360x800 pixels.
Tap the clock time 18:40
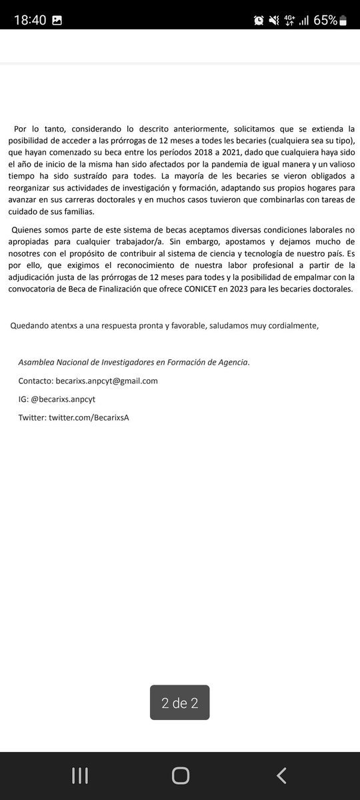pos(29,20)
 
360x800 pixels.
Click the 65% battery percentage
pos(325,20)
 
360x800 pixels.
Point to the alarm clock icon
pos(259,21)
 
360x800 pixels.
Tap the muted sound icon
pos(274,21)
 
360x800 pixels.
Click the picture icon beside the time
pos(57,21)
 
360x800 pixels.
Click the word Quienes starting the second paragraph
pos(30,229)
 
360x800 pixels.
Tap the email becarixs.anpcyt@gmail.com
pos(107,381)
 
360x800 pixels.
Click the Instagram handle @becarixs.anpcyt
pos(63,399)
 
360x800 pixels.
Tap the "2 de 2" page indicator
pos(179,703)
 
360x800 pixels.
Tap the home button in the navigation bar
pos(180,775)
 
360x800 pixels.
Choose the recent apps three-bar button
pos(80,775)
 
